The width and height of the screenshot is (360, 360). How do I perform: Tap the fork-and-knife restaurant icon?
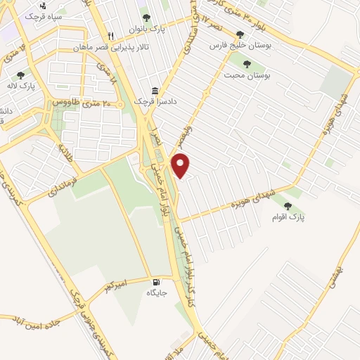(111, 37)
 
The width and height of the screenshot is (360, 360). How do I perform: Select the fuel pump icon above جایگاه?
(154, 281)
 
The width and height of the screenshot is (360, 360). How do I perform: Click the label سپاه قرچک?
(44, 15)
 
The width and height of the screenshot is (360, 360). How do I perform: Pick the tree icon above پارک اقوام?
(288, 207)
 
